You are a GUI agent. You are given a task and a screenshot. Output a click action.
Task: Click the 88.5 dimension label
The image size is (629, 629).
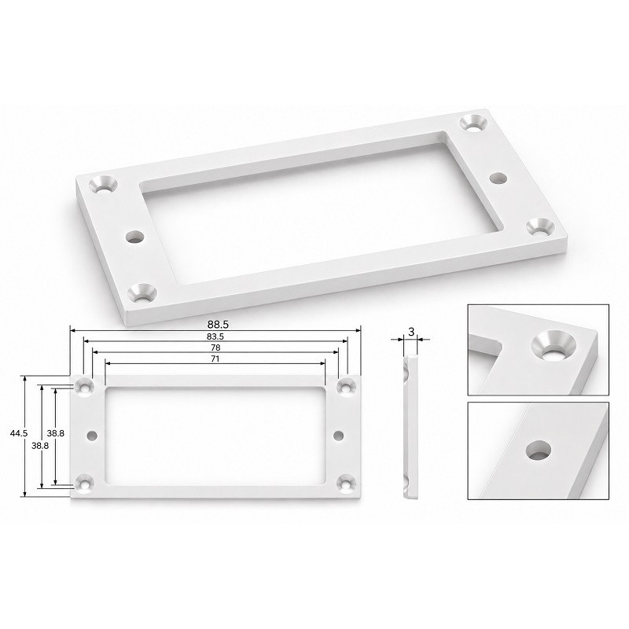coord(218,324)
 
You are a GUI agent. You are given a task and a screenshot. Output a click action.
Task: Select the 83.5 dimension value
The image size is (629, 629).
coord(215,337)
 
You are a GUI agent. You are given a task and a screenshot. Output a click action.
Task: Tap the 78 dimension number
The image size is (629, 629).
coord(215,348)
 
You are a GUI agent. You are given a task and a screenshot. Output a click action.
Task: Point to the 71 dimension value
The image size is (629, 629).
coord(215,359)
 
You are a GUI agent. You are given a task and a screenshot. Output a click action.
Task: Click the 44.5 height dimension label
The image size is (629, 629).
coord(19,433)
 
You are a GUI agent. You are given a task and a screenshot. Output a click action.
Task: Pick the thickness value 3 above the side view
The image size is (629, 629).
coord(410,332)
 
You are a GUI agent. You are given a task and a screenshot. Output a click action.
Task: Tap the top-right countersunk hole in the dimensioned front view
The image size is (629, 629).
coord(347,388)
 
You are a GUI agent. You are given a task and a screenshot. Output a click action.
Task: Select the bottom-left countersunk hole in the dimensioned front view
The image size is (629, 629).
coord(85,484)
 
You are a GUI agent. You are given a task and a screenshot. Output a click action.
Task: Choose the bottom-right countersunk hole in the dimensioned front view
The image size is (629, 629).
coord(347,484)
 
